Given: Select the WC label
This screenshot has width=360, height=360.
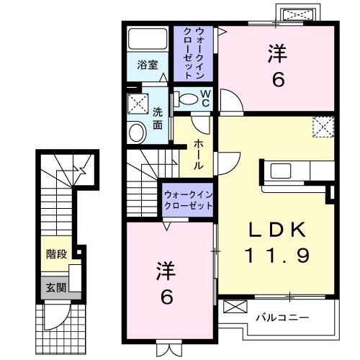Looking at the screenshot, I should tap(204, 97).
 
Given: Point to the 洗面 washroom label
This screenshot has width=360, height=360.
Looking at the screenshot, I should tap(158, 118).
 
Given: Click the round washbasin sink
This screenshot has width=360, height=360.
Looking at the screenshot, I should tap(135, 132).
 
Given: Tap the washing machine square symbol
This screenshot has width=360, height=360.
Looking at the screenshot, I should tap(135, 104).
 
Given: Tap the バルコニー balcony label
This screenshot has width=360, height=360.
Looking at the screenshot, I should tap(282, 316).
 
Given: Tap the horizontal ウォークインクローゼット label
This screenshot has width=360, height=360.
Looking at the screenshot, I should tap(188, 200).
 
